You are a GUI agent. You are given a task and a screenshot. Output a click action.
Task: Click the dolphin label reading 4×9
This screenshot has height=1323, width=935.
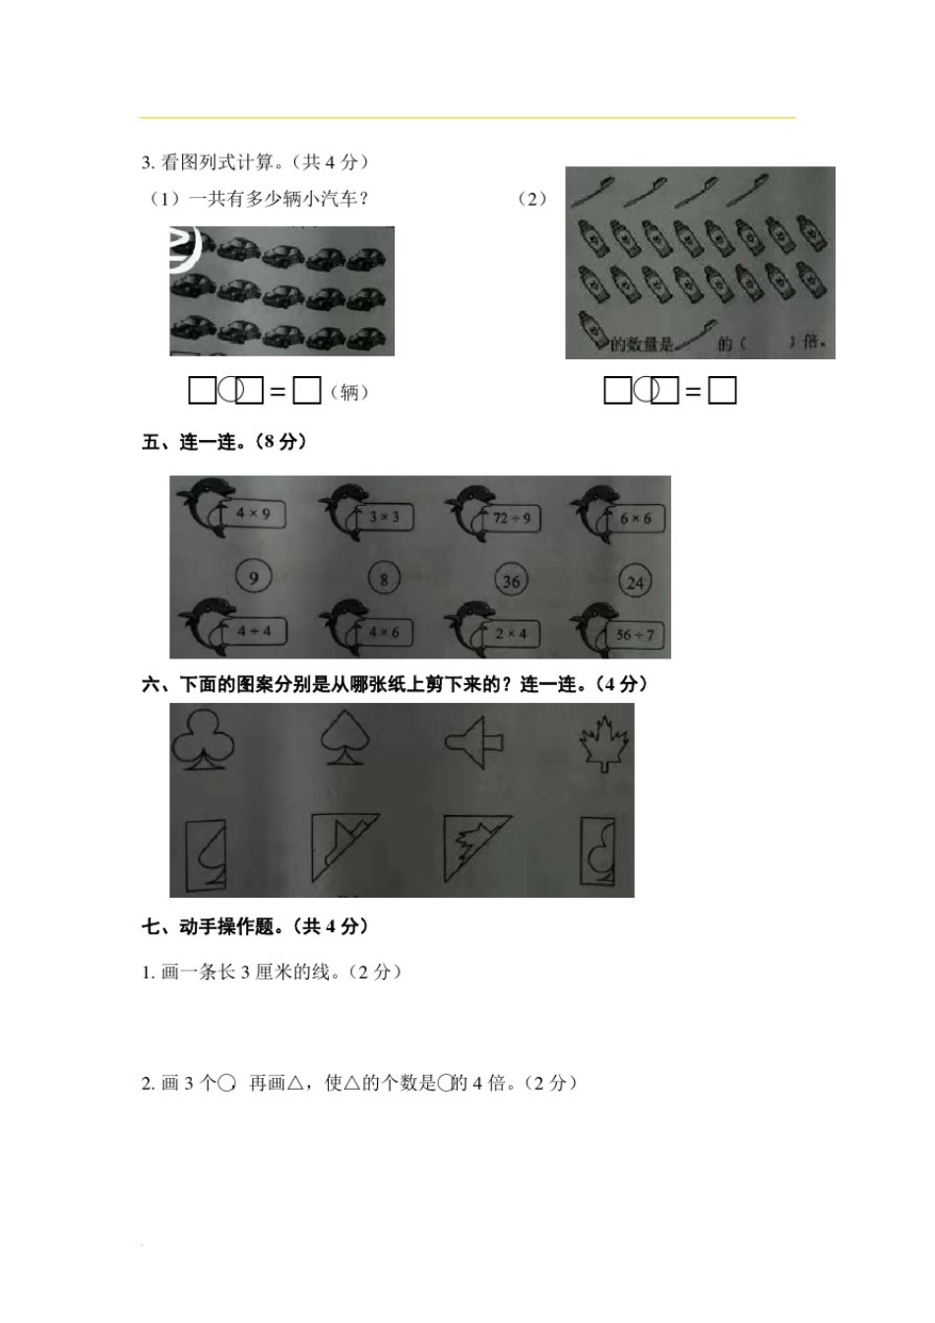(x=253, y=513)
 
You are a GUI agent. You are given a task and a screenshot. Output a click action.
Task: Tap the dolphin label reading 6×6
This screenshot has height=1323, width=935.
(x=635, y=518)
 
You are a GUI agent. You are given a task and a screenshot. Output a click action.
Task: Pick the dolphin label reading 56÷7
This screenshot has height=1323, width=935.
(x=635, y=635)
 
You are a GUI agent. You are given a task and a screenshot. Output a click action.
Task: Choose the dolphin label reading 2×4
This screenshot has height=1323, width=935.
(x=511, y=633)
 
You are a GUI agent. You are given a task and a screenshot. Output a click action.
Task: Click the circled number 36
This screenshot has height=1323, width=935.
(x=511, y=581)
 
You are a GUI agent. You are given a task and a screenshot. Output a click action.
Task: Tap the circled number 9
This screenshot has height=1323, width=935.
(x=253, y=577)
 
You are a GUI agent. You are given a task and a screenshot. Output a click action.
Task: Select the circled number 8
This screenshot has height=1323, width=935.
(x=384, y=580)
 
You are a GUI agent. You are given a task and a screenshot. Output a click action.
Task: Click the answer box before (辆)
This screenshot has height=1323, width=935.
(x=307, y=391)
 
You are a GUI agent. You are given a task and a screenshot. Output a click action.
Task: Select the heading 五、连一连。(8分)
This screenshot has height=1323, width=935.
(x=224, y=442)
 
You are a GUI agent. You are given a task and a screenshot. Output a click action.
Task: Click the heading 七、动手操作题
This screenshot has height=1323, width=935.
(x=255, y=926)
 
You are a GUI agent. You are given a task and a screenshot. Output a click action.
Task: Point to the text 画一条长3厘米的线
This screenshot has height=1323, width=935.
(x=272, y=973)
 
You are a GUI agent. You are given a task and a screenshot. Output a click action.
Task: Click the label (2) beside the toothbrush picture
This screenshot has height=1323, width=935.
(x=532, y=199)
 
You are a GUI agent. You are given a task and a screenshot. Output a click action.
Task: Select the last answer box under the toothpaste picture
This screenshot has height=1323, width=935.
(x=722, y=391)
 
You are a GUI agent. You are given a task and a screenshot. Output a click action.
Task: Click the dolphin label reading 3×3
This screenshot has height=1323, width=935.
(x=384, y=516)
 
